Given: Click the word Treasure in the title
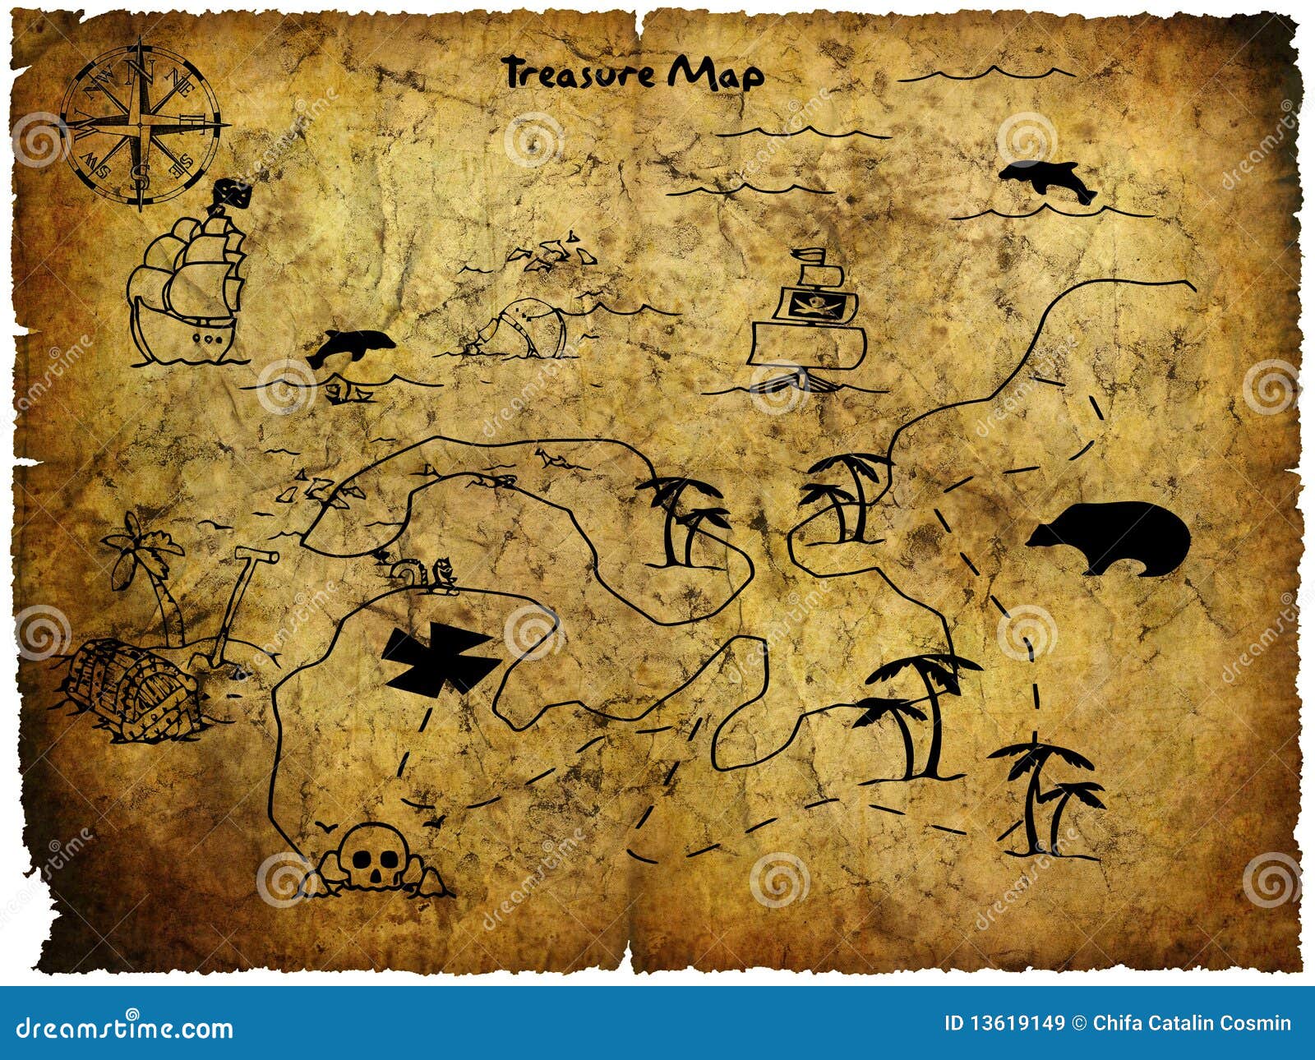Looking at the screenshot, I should point(579,72).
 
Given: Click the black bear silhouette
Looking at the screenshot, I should point(1110,537).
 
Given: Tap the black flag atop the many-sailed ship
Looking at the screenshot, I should point(233,195).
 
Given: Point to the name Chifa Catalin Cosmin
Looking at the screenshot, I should point(1192,1024).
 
